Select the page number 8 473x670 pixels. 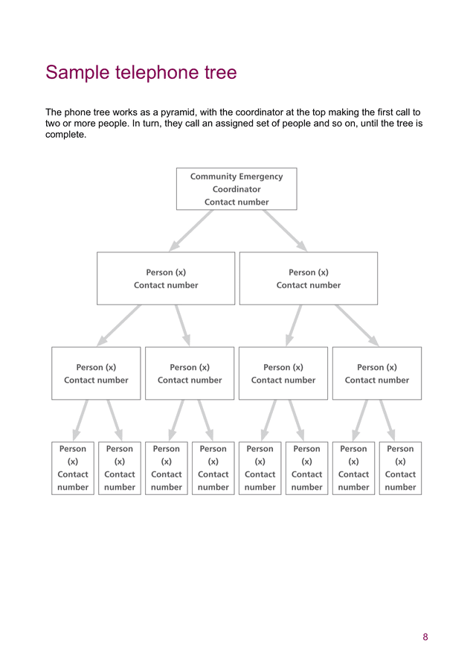coord(425,636)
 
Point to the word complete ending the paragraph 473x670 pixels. coord(65,135)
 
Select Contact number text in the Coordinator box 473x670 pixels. coord(236,202)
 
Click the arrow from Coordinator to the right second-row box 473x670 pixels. coord(285,231)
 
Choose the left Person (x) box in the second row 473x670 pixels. coord(166,278)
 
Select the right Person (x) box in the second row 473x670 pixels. coord(309,278)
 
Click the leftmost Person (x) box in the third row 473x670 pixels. coord(96,373)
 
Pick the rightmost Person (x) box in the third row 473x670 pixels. coord(377,373)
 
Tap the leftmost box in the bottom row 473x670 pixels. coord(73,468)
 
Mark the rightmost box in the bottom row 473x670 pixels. coord(400,468)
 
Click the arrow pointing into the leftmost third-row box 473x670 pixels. coord(118,325)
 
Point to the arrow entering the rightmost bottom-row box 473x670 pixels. coord(387,420)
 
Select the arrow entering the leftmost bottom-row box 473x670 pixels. coord(80,420)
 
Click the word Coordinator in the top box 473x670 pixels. coord(236,189)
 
